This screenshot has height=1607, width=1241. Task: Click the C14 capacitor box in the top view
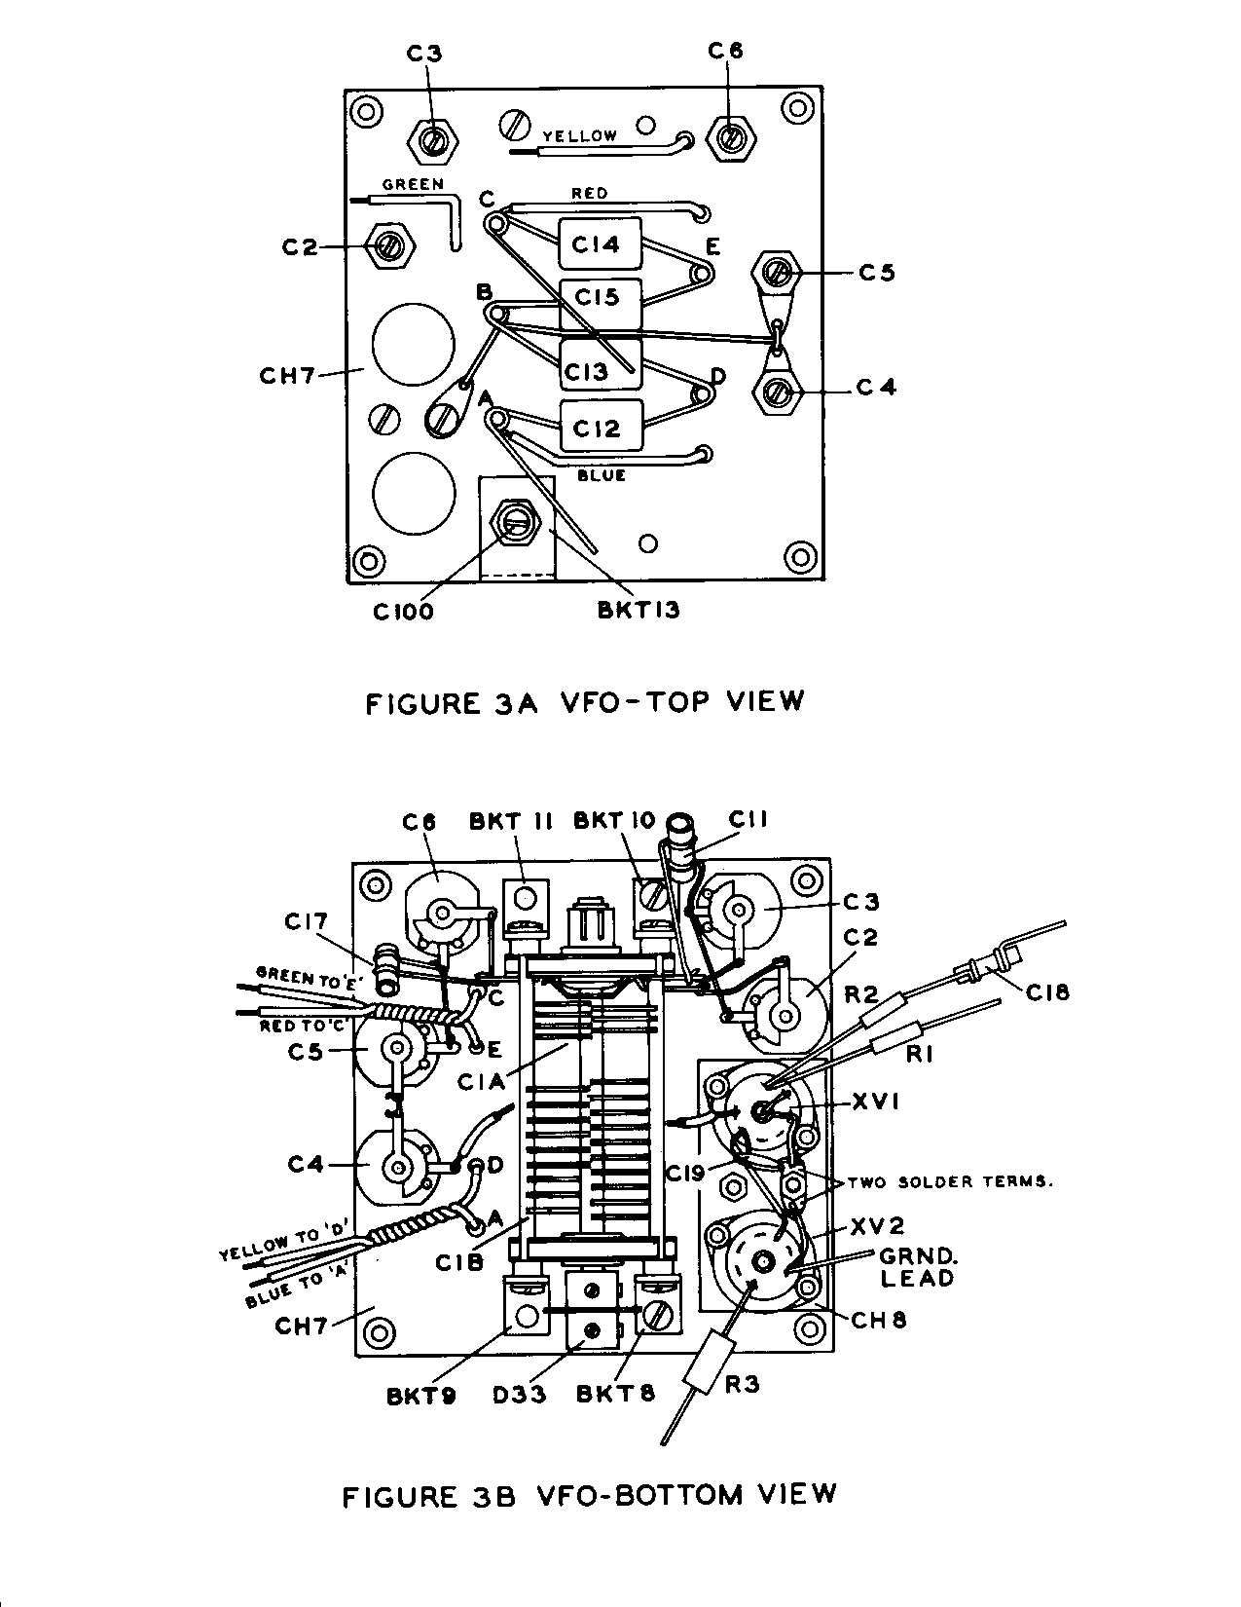tap(601, 243)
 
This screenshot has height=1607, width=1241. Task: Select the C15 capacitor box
tap(601, 298)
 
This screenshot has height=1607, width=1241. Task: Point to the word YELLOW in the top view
tap(579, 136)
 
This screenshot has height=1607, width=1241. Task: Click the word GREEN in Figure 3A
tap(413, 183)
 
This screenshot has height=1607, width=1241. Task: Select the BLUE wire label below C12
tap(601, 475)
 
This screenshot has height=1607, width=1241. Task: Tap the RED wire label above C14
tap(589, 193)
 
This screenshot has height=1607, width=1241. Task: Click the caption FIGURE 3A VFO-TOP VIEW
tap(585, 701)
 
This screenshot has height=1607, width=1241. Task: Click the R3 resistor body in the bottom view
tap(708, 1373)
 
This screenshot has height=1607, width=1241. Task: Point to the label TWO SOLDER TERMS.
tap(951, 1181)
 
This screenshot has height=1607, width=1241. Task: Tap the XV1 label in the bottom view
tap(877, 1103)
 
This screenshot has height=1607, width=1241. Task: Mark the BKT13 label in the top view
tap(639, 611)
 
